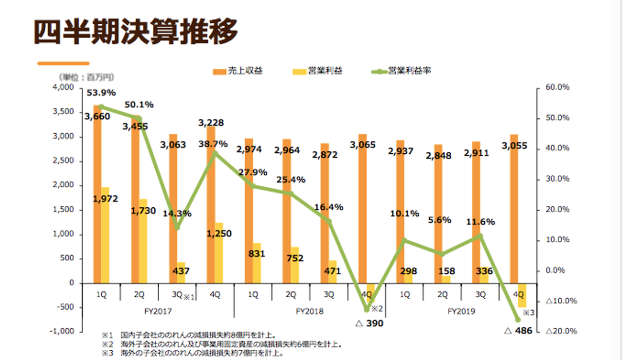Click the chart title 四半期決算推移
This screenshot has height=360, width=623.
pos(136,33)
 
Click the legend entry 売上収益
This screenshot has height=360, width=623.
pos(238,71)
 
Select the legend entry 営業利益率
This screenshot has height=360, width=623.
pos(402,71)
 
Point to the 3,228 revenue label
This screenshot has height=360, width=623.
pos(211,123)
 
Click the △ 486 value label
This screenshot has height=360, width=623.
pos(518,331)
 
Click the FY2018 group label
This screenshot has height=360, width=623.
pos(309,311)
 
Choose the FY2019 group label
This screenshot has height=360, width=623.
pos(461,311)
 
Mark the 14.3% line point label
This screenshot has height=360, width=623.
pos(178,213)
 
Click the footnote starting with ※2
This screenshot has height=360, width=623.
pos(221,344)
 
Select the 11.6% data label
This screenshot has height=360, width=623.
pos(481,222)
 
